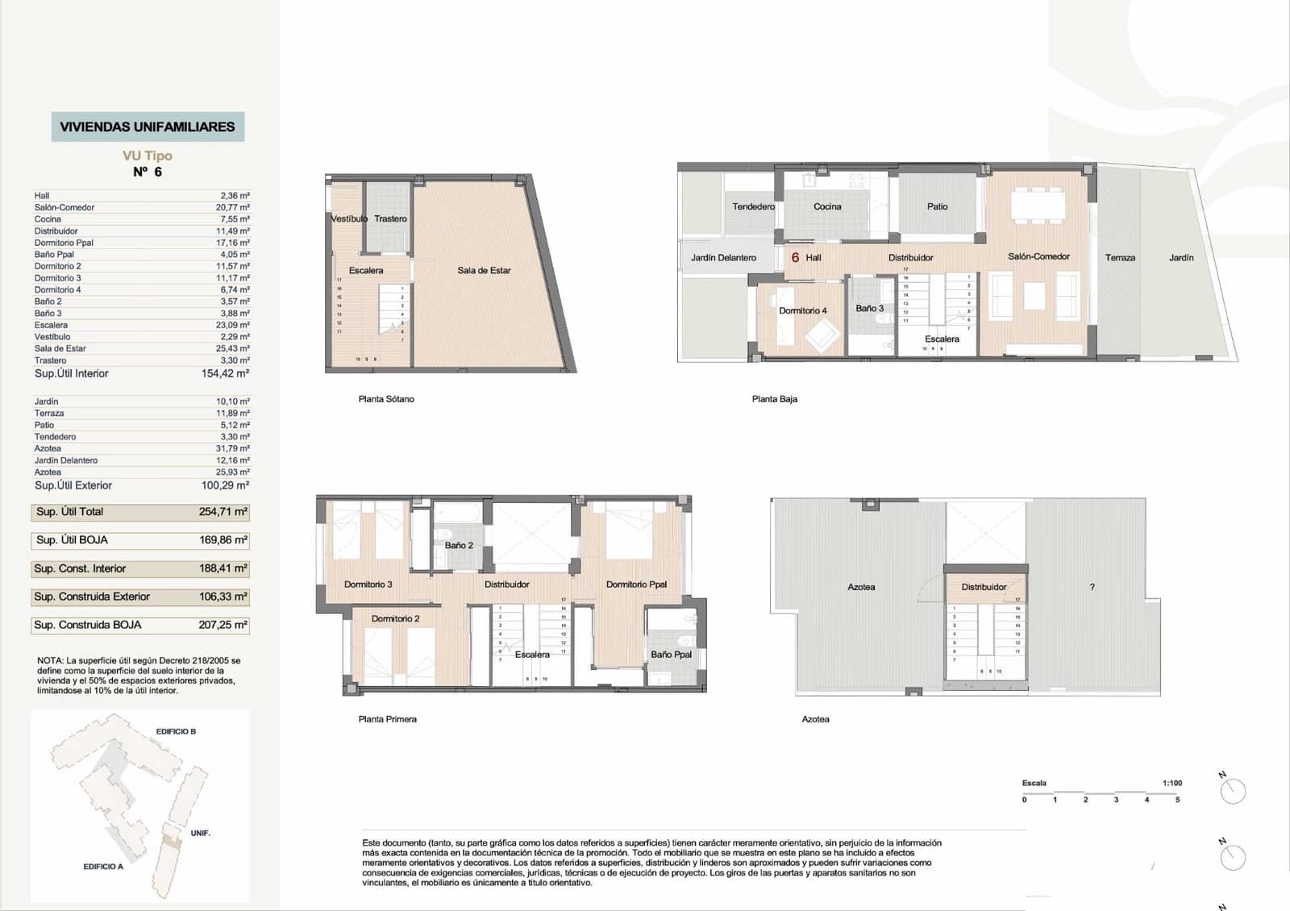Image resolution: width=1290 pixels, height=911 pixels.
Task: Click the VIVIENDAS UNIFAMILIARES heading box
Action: [x=148, y=127]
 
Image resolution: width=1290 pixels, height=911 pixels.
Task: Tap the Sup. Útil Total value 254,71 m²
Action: [x=223, y=511]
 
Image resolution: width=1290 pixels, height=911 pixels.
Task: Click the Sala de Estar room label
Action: [x=484, y=271]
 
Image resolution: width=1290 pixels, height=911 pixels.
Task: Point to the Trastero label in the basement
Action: [x=390, y=218]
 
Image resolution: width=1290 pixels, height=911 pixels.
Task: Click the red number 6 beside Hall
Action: [x=795, y=257]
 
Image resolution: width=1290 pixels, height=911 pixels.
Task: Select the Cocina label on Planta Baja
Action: [x=827, y=206]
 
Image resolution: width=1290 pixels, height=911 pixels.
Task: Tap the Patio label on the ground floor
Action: [x=937, y=206]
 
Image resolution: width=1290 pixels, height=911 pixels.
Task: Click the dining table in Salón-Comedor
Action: [x=1038, y=204]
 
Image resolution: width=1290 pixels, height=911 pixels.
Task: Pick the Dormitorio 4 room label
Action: [x=802, y=310]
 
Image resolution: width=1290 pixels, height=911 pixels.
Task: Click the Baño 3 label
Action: [x=869, y=308]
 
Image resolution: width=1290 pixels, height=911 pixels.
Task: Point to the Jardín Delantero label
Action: [x=723, y=258]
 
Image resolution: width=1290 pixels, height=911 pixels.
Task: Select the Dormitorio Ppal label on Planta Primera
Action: [x=636, y=584]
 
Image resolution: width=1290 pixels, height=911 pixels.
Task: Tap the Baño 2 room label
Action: [x=459, y=546]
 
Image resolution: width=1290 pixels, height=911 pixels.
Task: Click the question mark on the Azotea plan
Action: [x=1092, y=587]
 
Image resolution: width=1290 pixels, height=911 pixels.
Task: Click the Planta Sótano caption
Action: [x=386, y=399]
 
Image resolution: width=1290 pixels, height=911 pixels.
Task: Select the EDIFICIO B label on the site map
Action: [x=176, y=731]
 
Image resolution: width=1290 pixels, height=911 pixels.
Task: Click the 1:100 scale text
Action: [x=1171, y=783]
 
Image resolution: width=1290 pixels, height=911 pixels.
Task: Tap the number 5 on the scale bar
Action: [x=1177, y=800]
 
